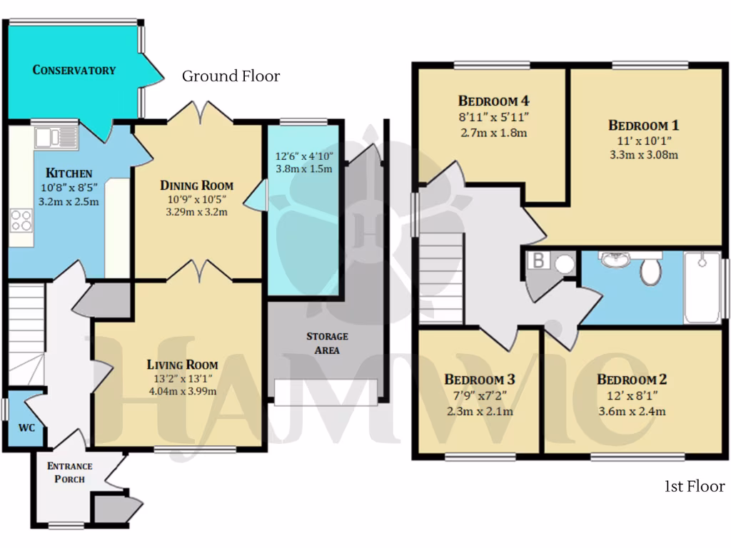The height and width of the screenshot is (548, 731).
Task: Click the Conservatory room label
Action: click(x=74, y=70)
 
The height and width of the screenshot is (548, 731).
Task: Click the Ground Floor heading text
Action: click(x=231, y=76)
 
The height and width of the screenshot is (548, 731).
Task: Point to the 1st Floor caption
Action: click(x=694, y=487)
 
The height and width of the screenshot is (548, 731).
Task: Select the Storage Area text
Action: click(x=327, y=342)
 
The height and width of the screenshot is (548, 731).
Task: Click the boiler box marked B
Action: click(x=539, y=262)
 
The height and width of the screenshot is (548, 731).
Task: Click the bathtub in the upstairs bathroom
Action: click(x=702, y=288)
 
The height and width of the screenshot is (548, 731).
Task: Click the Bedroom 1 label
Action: click(x=644, y=126)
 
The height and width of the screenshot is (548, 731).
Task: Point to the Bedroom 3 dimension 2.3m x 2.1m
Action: click(x=480, y=411)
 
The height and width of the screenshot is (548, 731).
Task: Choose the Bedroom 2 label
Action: click(x=631, y=380)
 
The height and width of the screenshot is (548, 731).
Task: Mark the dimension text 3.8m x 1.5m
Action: click(x=304, y=169)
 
